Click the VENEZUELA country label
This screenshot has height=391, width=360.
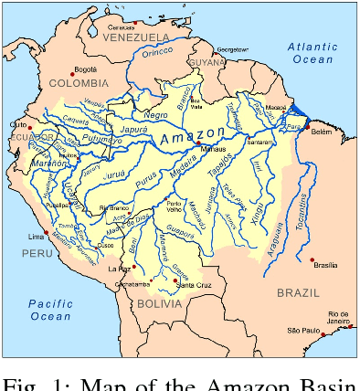135,37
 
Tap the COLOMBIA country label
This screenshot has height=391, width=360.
79,83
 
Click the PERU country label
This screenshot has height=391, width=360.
37,252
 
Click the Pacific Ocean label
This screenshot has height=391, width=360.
49,310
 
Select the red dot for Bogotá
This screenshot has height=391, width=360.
75,74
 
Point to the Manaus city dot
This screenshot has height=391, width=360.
198,143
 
